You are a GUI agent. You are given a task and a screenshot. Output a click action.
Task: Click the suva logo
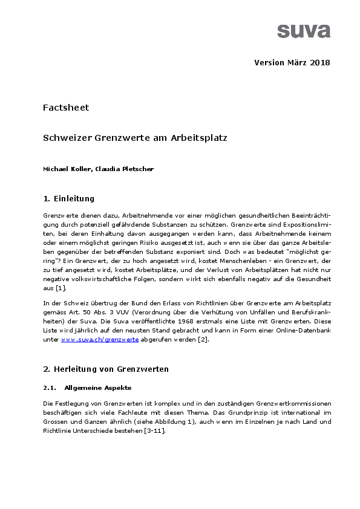304,30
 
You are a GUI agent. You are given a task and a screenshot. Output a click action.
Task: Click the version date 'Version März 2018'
292,63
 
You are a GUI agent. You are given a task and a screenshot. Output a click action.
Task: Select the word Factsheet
66,108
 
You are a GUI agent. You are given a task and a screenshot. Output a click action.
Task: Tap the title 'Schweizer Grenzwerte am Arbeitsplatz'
135,138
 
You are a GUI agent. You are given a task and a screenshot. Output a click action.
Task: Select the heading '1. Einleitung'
68,198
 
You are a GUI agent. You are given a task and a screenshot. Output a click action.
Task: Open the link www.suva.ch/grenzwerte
100,341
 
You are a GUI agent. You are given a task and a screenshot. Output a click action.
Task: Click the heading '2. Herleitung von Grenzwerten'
105,369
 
